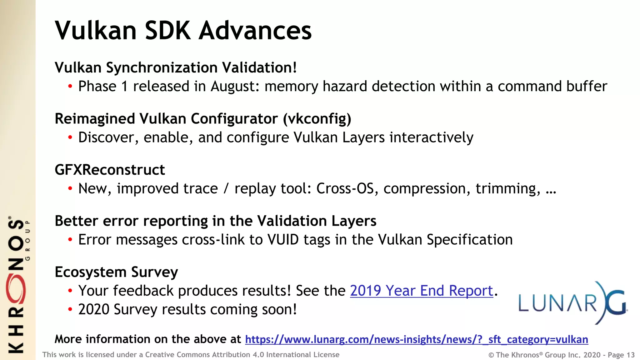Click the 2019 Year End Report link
coord(421,291)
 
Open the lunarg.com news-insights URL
coord(416,339)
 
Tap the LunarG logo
coord(572,302)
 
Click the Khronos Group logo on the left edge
coord(17,284)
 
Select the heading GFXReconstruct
coord(110,170)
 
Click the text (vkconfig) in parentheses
coord(317,119)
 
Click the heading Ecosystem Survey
coord(116,272)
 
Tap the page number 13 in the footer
coord(630,355)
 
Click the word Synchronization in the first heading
coord(162,68)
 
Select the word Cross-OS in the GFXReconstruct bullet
coord(345,189)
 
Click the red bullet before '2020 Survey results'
coord(70,310)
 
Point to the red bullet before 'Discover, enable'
coord(70,137)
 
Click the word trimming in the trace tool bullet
coord(507,189)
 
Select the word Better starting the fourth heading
coord(77,221)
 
